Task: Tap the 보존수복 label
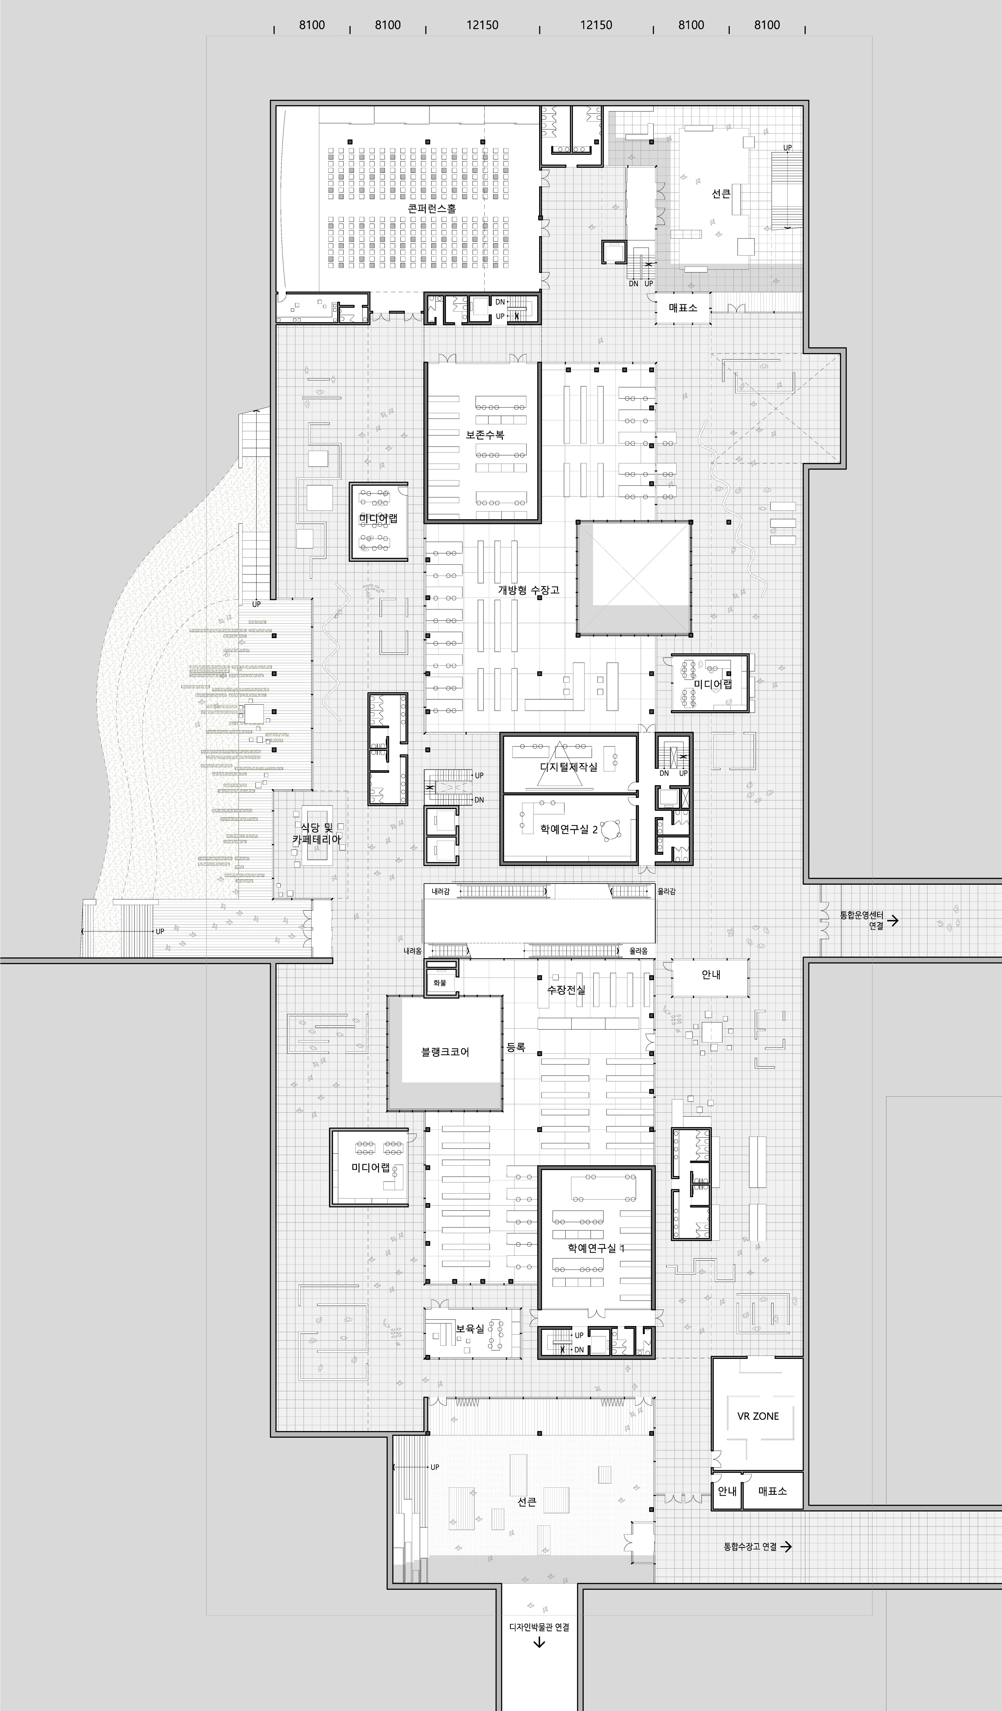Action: point(485,435)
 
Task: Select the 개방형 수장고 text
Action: point(529,590)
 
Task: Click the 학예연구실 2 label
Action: point(569,829)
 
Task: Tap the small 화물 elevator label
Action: point(440,983)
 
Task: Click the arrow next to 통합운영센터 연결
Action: point(894,921)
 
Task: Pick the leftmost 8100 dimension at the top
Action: point(312,25)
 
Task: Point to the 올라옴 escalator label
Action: point(638,951)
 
